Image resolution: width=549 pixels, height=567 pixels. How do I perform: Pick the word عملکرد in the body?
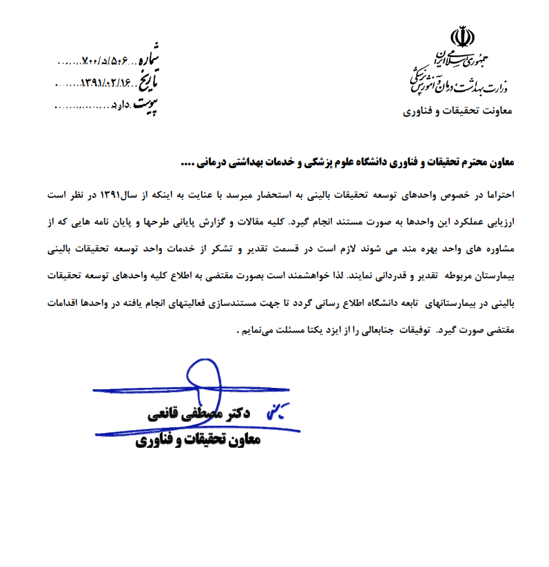coord(470,222)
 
